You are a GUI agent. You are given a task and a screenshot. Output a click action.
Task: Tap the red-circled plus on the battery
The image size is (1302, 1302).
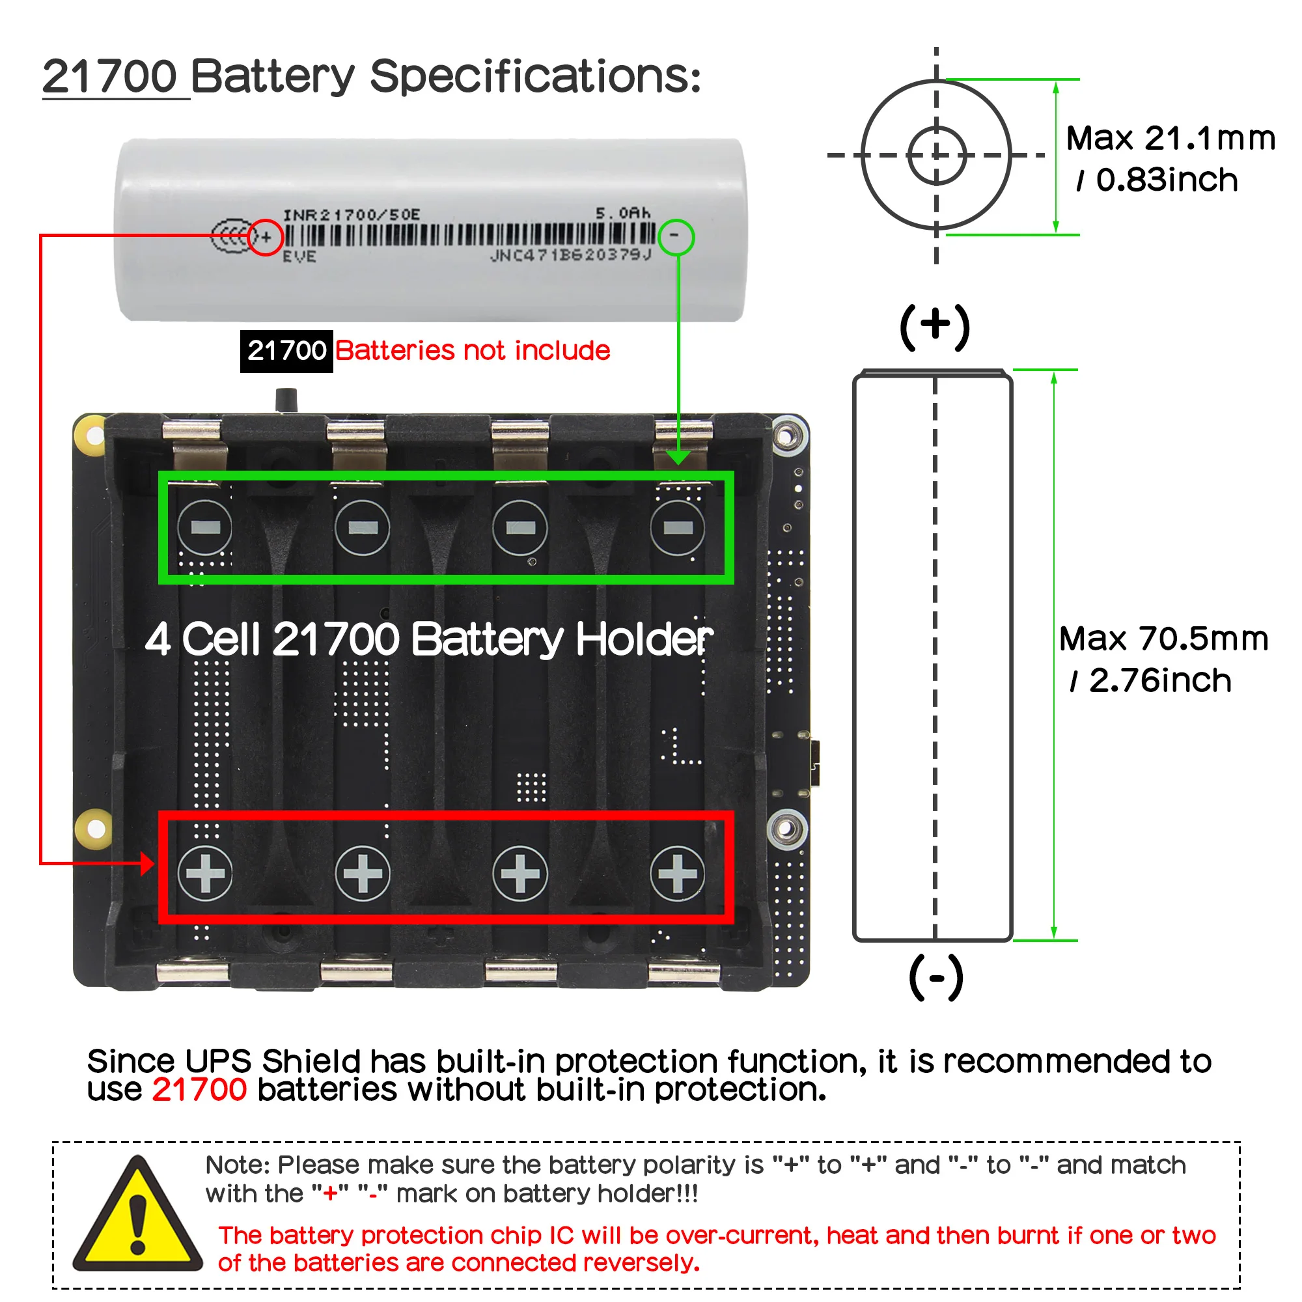pos(266,237)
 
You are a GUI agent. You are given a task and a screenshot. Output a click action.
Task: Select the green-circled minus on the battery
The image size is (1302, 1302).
pos(675,236)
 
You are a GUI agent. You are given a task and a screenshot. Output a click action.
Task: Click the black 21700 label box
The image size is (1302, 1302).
pos(286,351)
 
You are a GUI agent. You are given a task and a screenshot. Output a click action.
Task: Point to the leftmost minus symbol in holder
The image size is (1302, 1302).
pos(205,528)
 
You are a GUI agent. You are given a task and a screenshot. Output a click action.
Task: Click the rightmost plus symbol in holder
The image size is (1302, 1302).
pos(677,874)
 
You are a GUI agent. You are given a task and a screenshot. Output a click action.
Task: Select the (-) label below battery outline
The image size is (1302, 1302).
pos(936,977)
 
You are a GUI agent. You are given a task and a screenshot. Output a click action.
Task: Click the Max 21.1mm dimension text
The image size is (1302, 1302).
pos(1170,139)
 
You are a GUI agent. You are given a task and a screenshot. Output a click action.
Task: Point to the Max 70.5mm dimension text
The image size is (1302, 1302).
pos(1164,639)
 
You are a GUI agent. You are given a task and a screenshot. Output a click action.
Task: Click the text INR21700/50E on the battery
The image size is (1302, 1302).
pos(351,215)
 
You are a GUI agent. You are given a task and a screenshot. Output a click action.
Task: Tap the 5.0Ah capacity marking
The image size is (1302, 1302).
pos(623,214)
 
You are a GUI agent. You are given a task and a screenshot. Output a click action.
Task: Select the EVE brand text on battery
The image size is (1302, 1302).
pos(299,256)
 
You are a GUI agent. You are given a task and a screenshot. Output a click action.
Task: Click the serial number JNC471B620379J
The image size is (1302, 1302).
pos(571,255)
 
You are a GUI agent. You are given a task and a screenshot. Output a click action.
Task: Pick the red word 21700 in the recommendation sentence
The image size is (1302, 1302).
pos(199,1090)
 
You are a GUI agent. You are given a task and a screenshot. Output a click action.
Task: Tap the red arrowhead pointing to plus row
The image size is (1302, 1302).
pos(146,863)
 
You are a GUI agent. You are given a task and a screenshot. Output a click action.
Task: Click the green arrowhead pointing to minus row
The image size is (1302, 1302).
pos(678,458)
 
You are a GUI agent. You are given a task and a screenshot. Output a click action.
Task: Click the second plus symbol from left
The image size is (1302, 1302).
pos(363,874)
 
